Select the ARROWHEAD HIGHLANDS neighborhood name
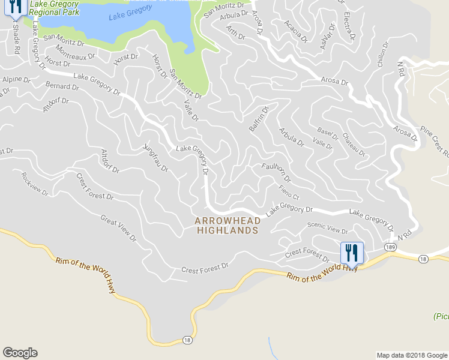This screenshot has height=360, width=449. (x=228, y=226)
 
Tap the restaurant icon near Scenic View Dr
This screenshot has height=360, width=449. (x=352, y=253)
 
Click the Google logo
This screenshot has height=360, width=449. (x=20, y=353)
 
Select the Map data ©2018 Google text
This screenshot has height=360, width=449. (x=411, y=355)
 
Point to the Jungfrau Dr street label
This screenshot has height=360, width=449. (x=155, y=158)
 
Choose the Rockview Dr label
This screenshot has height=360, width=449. (x=34, y=183)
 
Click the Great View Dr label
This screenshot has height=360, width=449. (x=118, y=229)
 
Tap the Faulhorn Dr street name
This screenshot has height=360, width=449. (x=276, y=172)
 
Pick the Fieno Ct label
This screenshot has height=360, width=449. (x=289, y=193)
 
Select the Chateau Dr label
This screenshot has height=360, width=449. (x=354, y=145)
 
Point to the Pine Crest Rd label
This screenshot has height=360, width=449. (x=435, y=139)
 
